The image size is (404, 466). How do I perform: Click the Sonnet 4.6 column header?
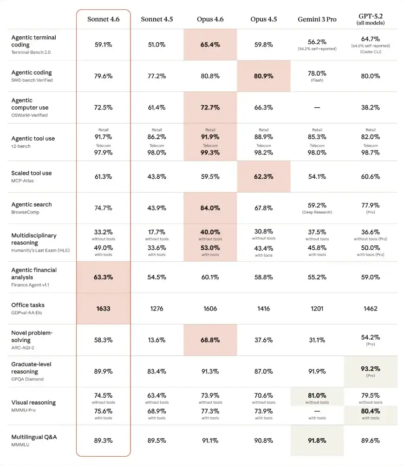pyautogui.click(x=104, y=19)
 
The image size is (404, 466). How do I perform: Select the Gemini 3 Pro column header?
pyautogui.click(x=317, y=19)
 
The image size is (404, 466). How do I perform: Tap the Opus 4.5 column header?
pyautogui.click(x=264, y=19)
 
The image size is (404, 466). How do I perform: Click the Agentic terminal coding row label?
pyautogui.click(x=33, y=41)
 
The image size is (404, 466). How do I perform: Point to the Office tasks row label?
pyautogui.click(x=28, y=305)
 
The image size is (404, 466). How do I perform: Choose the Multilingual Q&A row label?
pyautogui.click(x=34, y=437)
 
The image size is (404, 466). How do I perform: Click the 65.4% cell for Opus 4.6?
pyautogui.click(x=210, y=45)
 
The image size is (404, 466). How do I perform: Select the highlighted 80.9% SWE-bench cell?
pyautogui.click(x=264, y=76)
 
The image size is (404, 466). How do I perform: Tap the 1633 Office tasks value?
pyautogui.click(x=104, y=308)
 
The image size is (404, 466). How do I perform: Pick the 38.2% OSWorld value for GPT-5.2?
pyautogui.click(x=370, y=107)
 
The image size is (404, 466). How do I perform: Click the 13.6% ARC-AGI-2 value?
pyautogui.click(x=157, y=340)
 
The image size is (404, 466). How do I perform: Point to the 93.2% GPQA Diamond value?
pyautogui.click(x=370, y=369)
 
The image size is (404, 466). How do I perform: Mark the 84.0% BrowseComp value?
pyautogui.click(x=210, y=208)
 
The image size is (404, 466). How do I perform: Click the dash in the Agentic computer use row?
pyautogui.click(x=317, y=107)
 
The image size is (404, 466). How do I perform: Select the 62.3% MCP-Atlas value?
pyautogui.click(x=264, y=176)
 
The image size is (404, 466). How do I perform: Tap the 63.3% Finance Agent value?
pyautogui.click(x=104, y=277)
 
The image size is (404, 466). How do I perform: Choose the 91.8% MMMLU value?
pyautogui.click(x=317, y=440)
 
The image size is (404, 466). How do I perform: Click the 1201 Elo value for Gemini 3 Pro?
pyautogui.click(x=317, y=308)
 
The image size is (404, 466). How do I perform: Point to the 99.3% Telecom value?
pyautogui.click(x=210, y=153)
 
